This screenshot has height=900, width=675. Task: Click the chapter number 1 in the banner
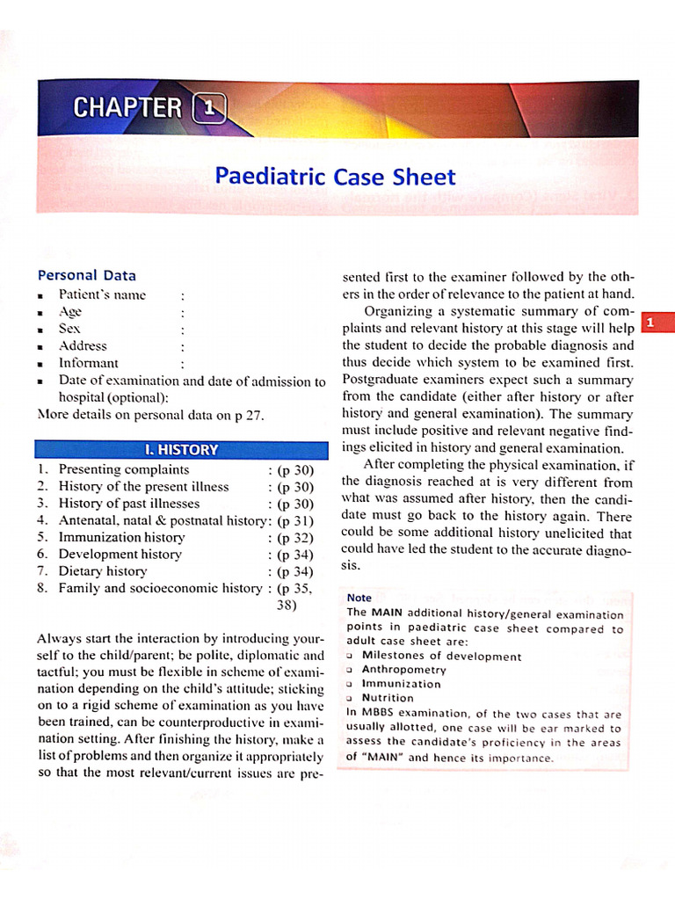click(208, 108)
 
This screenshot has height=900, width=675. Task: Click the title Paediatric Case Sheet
click(335, 177)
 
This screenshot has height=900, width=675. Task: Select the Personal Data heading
click(86, 275)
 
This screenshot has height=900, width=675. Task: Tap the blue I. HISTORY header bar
click(180, 449)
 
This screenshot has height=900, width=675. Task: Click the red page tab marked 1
click(651, 323)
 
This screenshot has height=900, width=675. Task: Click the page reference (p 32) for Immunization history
click(294, 537)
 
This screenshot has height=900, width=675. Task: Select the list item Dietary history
click(103, 571)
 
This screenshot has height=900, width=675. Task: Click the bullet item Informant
click(88, 363)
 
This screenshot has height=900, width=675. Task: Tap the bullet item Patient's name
click(102, 294)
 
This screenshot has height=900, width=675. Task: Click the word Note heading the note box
click(359, 598)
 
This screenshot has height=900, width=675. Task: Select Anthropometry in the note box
click(403, 670)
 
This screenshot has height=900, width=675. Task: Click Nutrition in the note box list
click(388, 698)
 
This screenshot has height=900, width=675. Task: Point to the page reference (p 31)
click(294, 520)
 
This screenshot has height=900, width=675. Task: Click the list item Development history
click(120, 554)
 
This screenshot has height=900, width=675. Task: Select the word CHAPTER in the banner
click(127, 108)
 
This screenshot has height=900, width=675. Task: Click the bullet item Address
click(83, 345)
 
